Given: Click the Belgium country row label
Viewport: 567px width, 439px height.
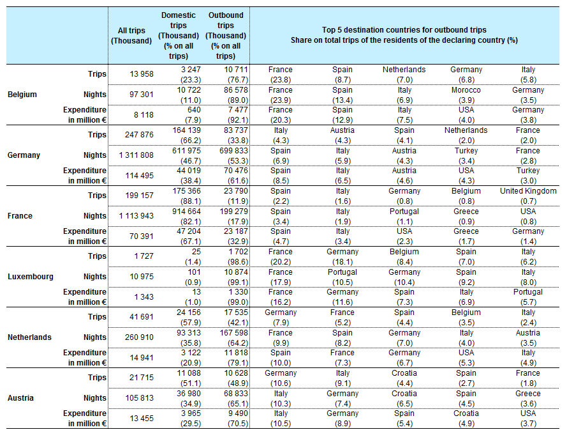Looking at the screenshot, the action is pos(22,95).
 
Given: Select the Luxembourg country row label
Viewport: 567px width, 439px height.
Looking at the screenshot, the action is pos(31,277).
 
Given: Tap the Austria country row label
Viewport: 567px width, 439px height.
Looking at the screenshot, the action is pos(20,398).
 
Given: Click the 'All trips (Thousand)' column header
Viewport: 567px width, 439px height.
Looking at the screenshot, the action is pos(131,36).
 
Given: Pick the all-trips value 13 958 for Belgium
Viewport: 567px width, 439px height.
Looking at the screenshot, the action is pos(142,74).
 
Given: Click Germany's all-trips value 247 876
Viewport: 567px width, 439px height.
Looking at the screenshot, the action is pos(139,135).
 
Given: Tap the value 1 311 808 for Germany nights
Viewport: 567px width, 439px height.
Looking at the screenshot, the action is pos(136,155).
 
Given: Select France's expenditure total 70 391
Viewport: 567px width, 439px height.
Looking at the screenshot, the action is pos(142,236).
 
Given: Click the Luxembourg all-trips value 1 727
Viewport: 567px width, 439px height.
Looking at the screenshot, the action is pos(144,256).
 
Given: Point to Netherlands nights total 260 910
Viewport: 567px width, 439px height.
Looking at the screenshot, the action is pos(139,337).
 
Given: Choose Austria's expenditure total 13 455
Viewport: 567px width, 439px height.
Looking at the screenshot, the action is pos(142,419).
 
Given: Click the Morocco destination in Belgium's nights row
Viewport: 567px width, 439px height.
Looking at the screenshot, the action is pos(466,90).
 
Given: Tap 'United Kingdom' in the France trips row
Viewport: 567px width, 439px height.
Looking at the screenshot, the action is pos(528,191).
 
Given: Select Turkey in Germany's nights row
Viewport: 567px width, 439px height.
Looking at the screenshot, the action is pos(466,151).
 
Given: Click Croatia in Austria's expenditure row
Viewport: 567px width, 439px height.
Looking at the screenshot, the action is pos(466,413).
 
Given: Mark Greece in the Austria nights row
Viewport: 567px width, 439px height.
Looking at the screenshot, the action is pos(528,394).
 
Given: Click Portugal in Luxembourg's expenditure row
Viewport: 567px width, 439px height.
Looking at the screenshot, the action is pos(528,292).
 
